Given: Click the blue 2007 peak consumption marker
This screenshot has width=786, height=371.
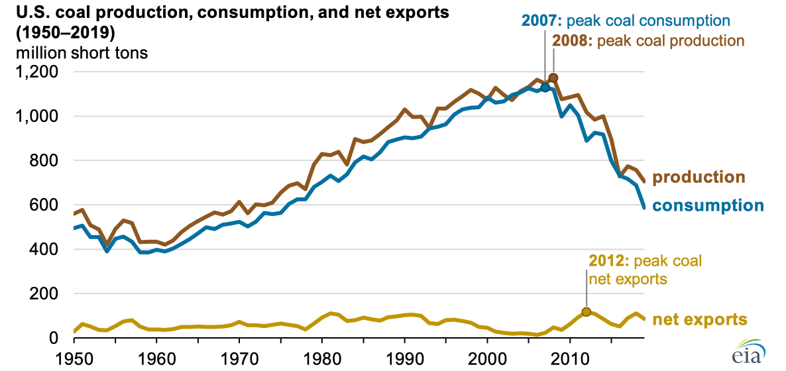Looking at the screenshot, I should click(545, 87).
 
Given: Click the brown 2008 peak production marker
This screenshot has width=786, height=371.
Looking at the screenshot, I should click(553, 78).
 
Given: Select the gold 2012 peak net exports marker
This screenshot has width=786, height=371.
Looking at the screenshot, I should click(586, 312).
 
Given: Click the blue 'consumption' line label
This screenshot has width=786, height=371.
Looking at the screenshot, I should click(708, 205).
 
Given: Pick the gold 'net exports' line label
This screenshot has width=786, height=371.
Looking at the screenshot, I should click(700, 320).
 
